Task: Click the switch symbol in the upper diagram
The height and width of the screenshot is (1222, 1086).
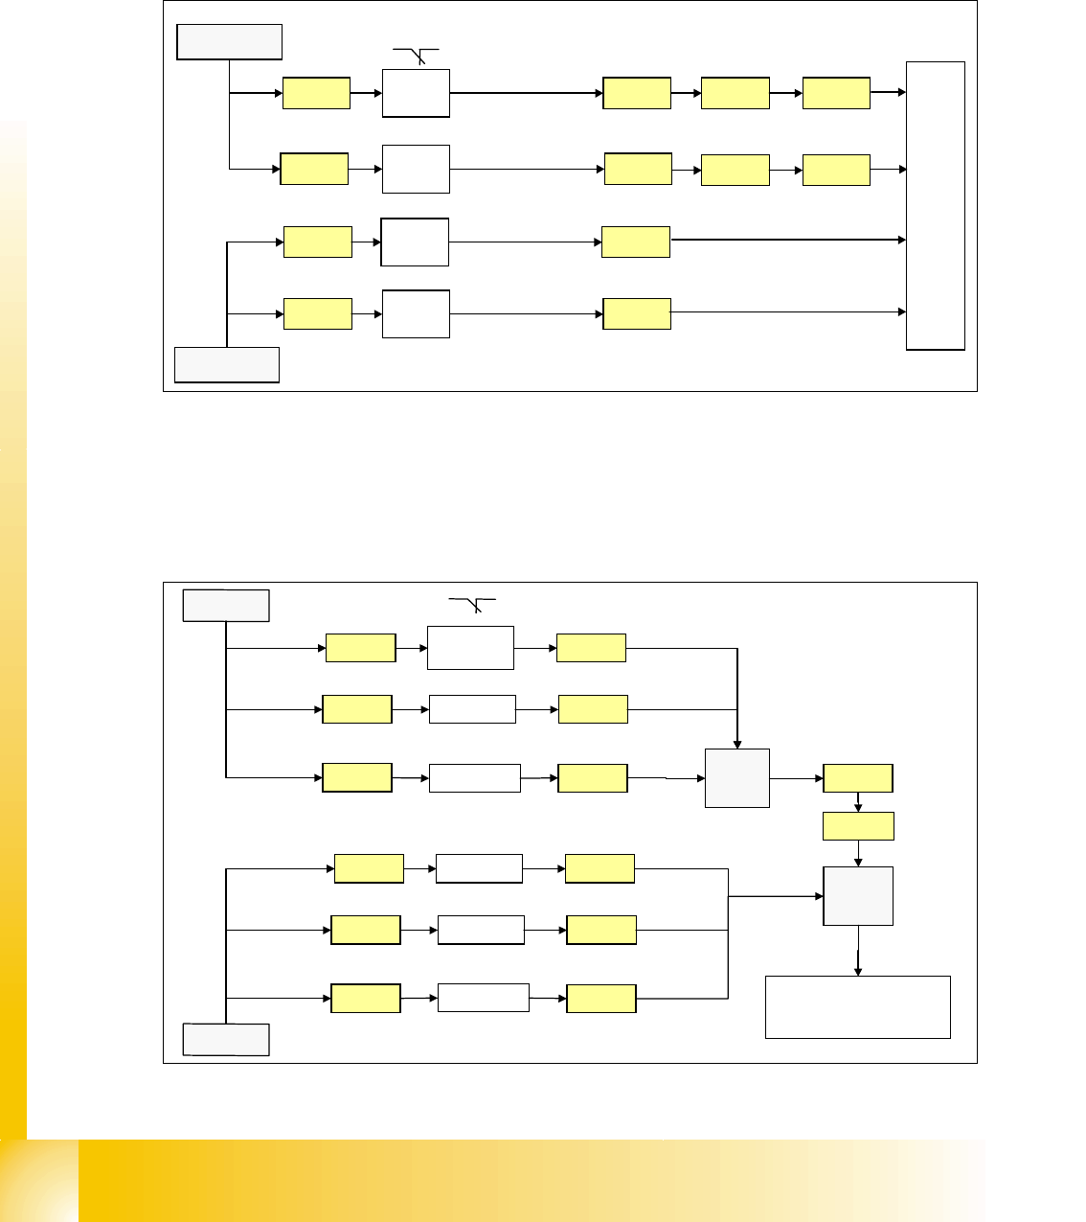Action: pyautogui.click(x=417, y=56)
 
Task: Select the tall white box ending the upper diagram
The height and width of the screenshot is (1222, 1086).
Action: pyautogui.click(x=936, y=206)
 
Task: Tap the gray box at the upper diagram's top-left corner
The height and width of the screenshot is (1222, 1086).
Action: pyautogui.click(x=230, y=42)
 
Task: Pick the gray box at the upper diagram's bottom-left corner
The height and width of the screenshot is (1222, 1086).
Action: pyautogui.click(x=227, y=365)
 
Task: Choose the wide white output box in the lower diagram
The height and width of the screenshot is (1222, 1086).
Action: pyautogui.click(x=858, y=1006)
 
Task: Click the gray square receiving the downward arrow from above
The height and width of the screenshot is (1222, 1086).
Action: pyautogui.click(x=737, y=778)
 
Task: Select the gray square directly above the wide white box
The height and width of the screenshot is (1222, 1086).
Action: pyautogui.click(x=858, y=896)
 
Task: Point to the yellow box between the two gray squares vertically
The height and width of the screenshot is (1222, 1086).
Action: pyautogui.click(x=858, y=826)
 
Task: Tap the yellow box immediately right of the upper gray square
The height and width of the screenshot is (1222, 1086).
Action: pyautogui.click(x=858, y=778)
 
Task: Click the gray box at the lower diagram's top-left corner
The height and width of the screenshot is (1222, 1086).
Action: pyautogui.click(x=226, y=606)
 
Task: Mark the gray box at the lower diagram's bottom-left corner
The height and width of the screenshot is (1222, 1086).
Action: pyautogui.click(x=226, y=1040)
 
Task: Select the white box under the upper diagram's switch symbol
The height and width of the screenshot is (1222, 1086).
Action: pyautogui.click(x=417, y=93)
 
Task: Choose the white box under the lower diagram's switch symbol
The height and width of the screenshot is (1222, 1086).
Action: pyautogui.click(x=470, y=648)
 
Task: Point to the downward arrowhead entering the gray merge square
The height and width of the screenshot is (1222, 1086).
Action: pyautogui.click(x=737, y=743)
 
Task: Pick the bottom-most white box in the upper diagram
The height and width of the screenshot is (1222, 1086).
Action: pyautogui.click(x=417, y=313)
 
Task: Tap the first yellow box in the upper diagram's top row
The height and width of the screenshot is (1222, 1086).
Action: pyautogui.click(x=316, y=94)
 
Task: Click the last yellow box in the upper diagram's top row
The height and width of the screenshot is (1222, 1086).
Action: pyautogui.click(x=836, y=93)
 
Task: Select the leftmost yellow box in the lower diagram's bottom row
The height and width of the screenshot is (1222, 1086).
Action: pyautogui.click(x=366, y=999)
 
